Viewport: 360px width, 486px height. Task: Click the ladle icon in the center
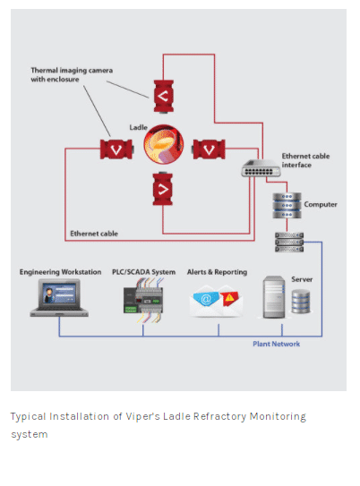[163, 144]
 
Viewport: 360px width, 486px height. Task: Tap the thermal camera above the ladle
[163, 96]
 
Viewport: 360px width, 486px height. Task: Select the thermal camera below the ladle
[162, 189]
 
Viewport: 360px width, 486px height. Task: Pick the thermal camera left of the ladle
[116, 149]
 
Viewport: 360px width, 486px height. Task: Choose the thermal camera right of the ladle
[209, 149]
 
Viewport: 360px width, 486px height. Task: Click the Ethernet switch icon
[261, 168]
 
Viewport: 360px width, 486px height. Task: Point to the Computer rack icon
[287, 205]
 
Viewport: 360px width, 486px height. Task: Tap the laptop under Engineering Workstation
[59, 297]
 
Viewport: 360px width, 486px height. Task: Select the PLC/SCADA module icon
[143, 300]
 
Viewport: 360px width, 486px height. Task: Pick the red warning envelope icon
[230, 301]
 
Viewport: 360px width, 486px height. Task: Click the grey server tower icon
[274, 297]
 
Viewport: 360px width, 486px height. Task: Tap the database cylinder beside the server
[301, 302]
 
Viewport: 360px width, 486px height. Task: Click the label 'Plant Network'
[277, 344]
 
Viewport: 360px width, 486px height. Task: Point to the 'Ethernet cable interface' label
[305, 160]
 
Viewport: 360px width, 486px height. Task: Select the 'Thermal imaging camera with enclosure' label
[72, 74]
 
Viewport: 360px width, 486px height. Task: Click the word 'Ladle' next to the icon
[138, 127]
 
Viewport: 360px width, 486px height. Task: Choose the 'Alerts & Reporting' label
[217, 272]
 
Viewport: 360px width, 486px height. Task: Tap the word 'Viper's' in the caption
[142, 416]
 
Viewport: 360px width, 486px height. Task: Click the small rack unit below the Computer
[289, 242]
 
